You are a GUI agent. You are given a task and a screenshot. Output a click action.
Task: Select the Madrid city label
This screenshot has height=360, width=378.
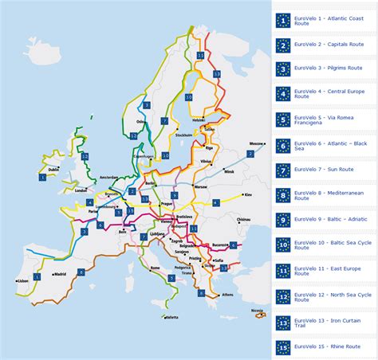[59, 275]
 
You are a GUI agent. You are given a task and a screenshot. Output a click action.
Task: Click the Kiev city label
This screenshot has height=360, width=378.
[248, 194]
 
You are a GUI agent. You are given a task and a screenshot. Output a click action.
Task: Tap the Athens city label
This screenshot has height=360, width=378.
[228, 294]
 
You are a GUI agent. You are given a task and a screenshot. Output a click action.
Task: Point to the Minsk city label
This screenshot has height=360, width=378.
[230, 171]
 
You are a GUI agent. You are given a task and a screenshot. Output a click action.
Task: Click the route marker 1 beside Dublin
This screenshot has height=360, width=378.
[42, 177]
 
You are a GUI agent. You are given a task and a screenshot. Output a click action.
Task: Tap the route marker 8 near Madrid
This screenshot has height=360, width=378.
[81, 272]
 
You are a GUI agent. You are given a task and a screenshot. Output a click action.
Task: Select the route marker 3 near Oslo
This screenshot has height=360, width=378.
[147, 105]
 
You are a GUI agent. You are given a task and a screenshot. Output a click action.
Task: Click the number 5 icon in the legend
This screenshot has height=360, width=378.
[283, 120]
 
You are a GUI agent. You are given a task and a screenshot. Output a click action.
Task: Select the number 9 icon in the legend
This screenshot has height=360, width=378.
[283, 219]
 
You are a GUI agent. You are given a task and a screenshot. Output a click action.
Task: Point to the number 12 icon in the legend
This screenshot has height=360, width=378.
[283, 296]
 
